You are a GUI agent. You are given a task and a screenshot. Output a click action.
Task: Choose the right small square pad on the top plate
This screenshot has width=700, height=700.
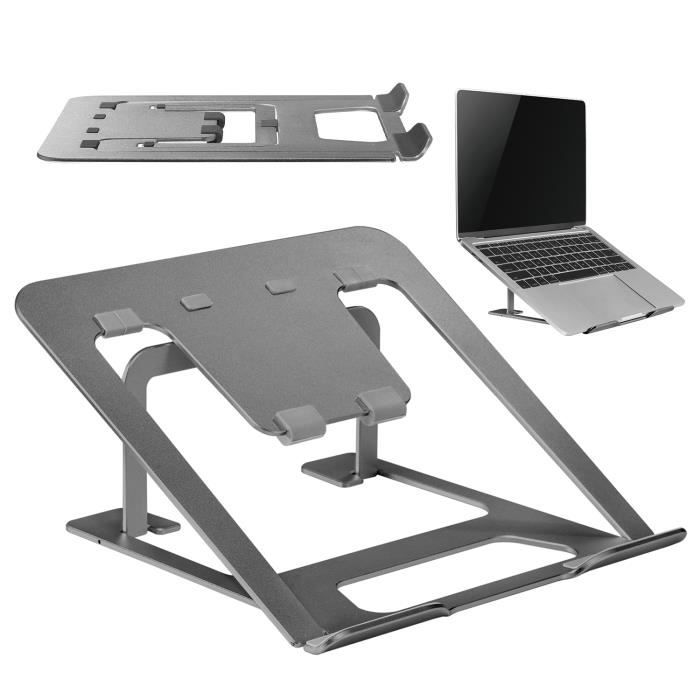(280, 286)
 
